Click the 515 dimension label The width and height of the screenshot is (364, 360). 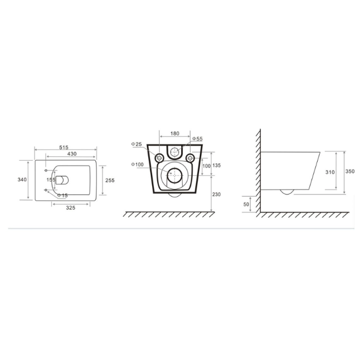coord(64,147)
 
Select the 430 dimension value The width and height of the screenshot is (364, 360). coord(72,154)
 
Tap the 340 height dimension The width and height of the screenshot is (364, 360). coord(22,180)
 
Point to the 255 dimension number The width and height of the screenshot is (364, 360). coord(110,180)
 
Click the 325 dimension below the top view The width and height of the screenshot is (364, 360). coord(70,208)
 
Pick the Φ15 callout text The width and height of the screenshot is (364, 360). coord(62,196)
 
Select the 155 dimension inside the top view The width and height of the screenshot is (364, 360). coord(51,180)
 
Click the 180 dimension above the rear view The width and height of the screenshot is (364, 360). coord(175,133)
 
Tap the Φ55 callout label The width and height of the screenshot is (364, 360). coord(198,139)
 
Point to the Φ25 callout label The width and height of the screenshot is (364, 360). coord(136,144)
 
